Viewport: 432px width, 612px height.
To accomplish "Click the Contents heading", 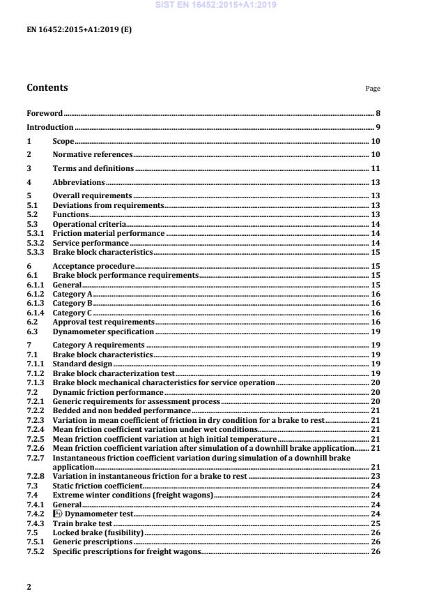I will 47,88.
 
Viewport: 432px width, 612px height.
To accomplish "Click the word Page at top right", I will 373,89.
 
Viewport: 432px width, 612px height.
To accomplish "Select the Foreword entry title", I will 45,112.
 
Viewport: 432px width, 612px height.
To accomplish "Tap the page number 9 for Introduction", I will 378,127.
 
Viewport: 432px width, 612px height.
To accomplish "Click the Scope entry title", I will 63,142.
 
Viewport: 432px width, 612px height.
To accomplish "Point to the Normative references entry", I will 93,154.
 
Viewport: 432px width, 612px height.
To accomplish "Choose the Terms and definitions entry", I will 93,168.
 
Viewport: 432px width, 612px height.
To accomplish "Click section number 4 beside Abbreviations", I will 29,182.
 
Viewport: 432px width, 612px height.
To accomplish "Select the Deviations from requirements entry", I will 109,205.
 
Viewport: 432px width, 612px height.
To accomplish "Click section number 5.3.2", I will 35,242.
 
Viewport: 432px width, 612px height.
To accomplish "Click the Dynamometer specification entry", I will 102,331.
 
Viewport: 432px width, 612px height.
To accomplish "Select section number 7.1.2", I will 35,373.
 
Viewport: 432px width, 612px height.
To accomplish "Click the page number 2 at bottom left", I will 29,587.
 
